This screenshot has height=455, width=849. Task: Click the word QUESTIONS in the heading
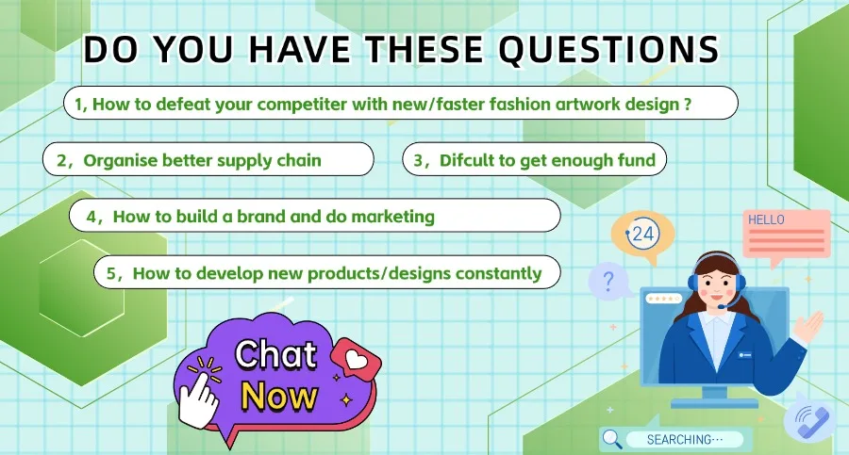coord(608,50)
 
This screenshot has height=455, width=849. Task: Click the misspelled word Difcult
coord(466,160)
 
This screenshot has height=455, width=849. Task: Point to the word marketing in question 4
coord(393,217)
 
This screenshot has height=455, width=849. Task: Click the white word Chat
coord(275,355)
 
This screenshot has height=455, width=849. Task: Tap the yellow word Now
coord(279,396)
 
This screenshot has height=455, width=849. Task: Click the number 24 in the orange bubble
coord(642,234)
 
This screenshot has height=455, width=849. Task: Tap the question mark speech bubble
coord(609,281)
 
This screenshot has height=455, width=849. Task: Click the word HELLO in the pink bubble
coord(766,219)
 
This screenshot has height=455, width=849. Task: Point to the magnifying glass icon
coord(612,438)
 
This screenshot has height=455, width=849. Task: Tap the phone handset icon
coord(811,421)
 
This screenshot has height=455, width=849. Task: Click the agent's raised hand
coord(809,326)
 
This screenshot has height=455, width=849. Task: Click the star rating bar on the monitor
coord(664,299)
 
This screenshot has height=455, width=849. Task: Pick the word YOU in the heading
coord(192,50)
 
